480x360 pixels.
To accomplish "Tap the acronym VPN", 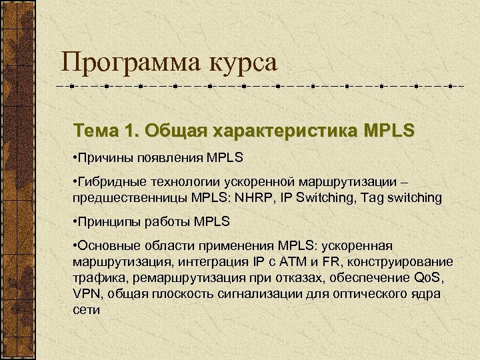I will point(86,295).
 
